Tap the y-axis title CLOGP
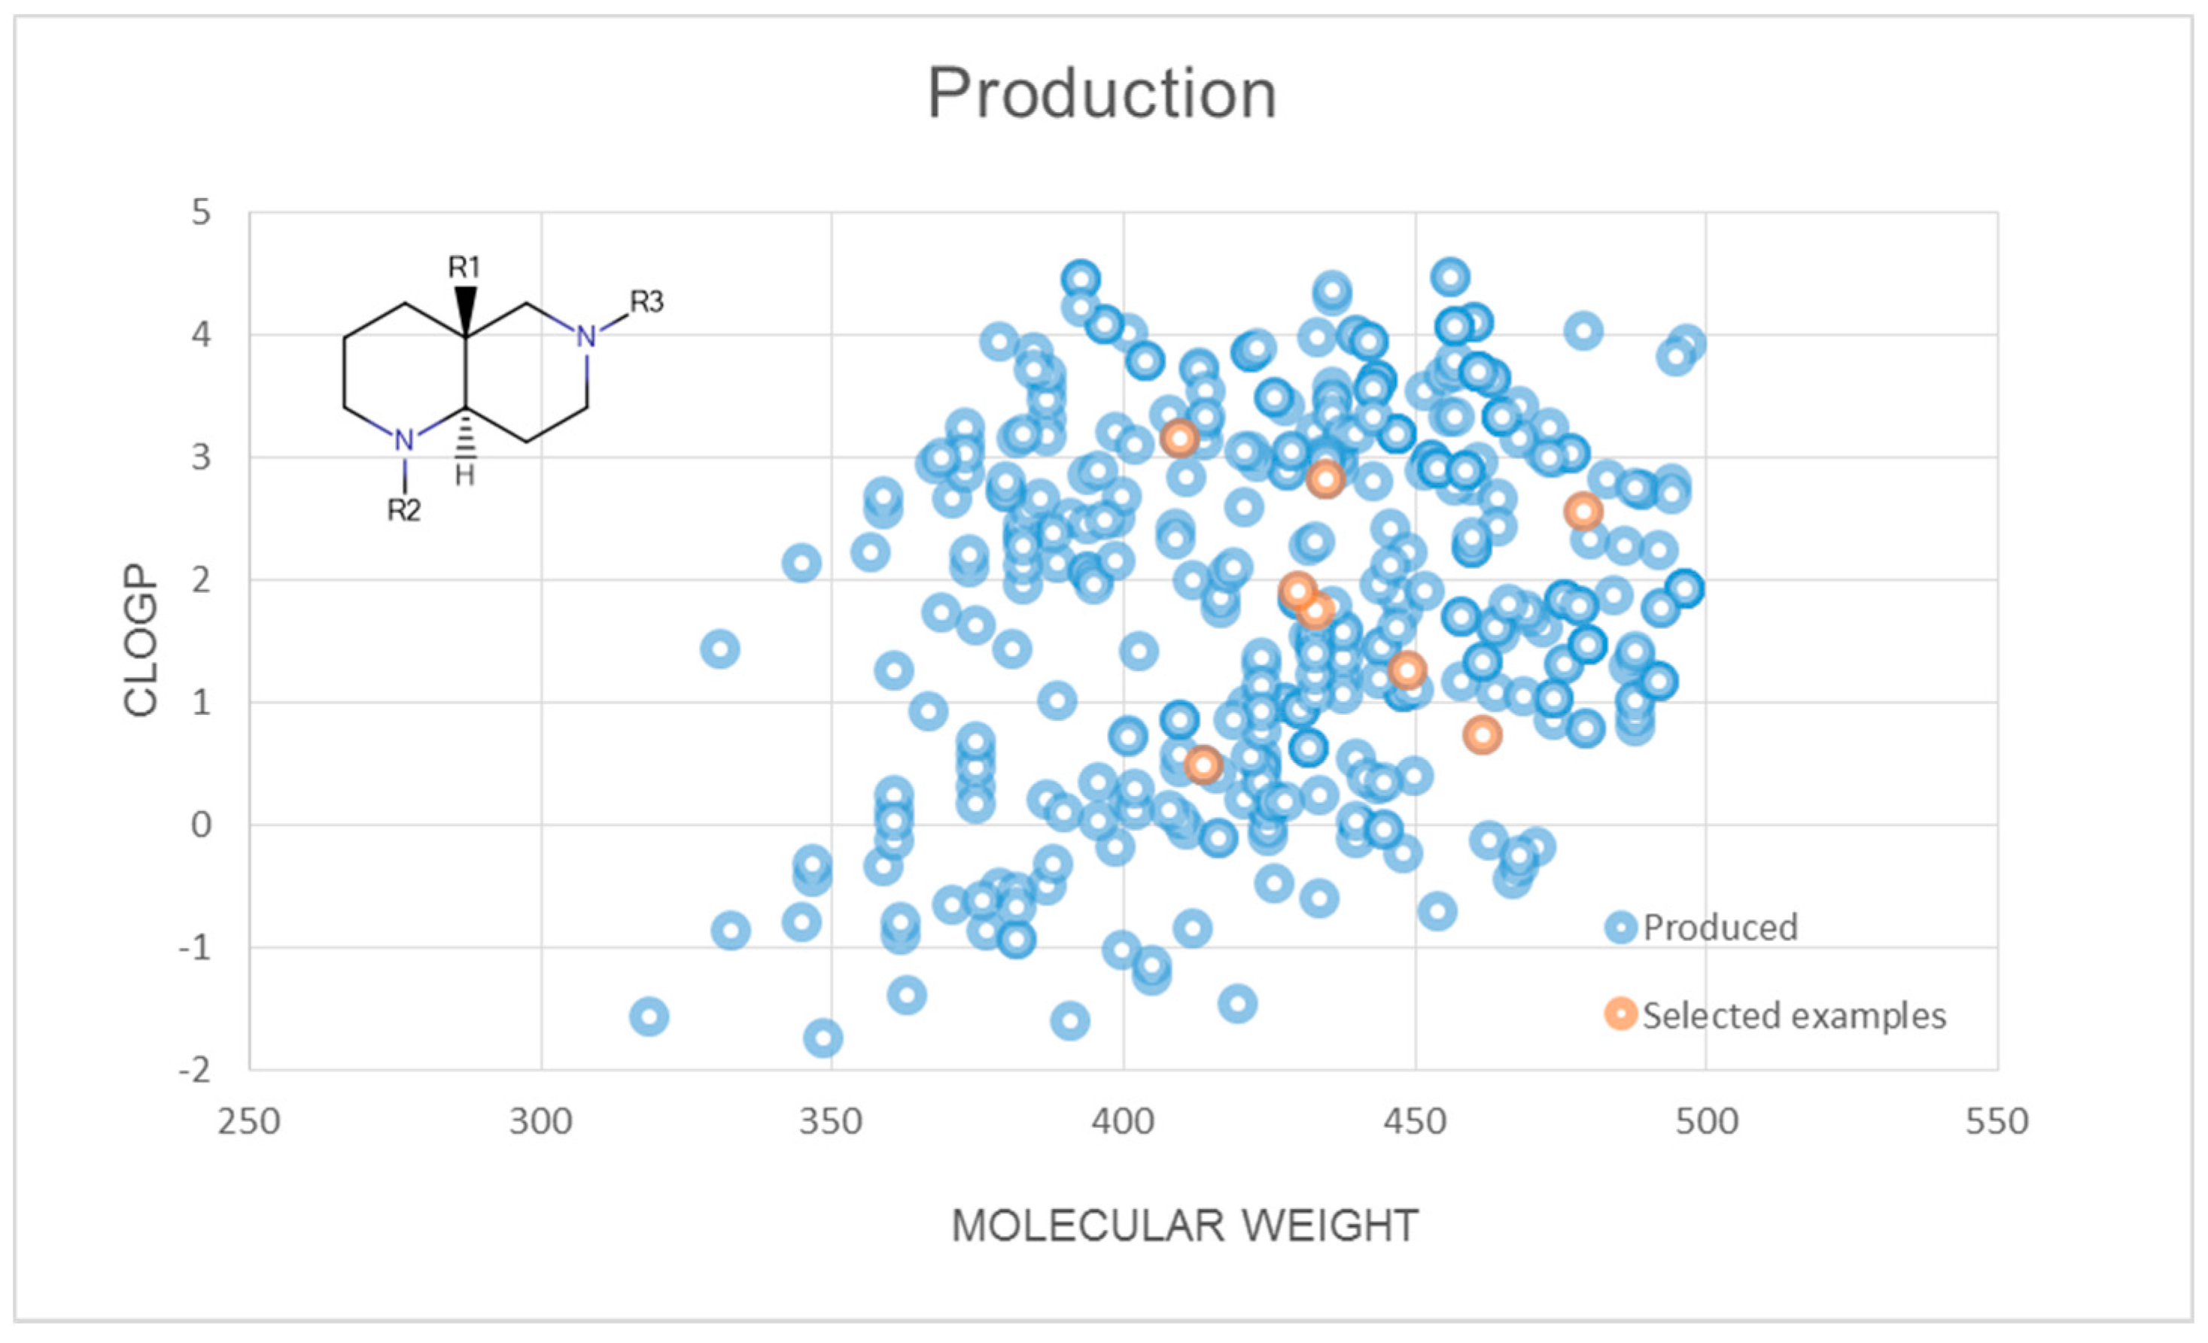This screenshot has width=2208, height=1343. (141, 640)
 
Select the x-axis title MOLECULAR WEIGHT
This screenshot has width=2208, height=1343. (1185, 1226)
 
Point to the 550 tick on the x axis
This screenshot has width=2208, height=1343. (1997, 1122)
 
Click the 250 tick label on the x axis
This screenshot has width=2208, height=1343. (249, 1122)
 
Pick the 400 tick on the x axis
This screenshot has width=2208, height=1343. (1123, 1122)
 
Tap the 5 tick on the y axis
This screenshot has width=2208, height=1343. (201, 213)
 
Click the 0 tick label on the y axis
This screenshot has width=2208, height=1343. (201, 825)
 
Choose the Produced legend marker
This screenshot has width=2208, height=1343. (1620, 927)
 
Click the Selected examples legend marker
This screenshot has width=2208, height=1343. (1620, 1014)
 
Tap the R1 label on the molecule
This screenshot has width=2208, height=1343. (464, 266)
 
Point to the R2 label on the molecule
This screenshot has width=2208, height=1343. (403, 510)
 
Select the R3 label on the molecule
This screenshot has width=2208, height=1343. (646, 302)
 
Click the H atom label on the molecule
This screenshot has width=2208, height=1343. (464, 476)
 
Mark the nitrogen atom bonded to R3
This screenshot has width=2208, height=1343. (586, 337)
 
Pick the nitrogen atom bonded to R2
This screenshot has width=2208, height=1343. (404, 441)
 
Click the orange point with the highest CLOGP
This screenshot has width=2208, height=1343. (1179, 439)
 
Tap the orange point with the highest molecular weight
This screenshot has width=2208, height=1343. (1583, 512)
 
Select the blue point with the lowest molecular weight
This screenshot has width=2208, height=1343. (649, 1017)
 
